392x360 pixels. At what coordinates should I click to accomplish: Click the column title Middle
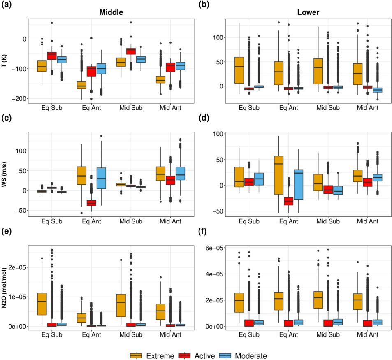click(x=111, y=12)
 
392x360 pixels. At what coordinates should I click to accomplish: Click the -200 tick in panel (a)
click(x=19, y=99)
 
